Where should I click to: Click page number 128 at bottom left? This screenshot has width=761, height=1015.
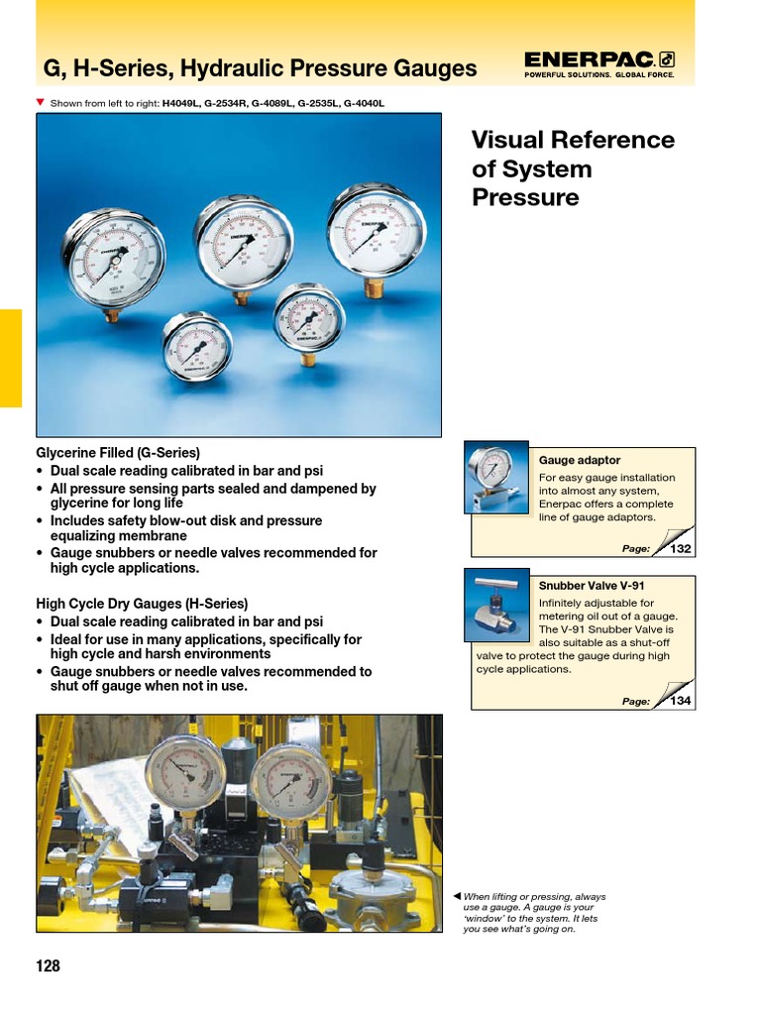tap(49, 965)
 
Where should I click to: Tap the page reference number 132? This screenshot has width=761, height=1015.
tap(681, 548)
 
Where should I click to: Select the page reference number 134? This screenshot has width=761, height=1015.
tap(681, 701)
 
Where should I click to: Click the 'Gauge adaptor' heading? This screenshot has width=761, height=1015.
tap(580, 461)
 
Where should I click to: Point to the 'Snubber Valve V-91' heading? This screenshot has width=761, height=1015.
tap(592, 586)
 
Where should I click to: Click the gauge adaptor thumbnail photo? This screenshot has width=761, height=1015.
tap(496, 479)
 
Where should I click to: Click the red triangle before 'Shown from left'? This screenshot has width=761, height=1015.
tap(40, 102)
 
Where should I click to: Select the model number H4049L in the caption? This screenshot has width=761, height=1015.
tap(183, 103)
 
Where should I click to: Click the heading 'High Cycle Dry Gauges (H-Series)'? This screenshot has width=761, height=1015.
tap(142, 603)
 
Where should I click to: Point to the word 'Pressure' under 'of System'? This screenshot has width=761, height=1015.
tap(525, 197)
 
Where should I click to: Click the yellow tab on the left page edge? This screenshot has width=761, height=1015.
tap(10, 358)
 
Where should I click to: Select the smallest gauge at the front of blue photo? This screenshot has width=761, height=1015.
tap(197, 347)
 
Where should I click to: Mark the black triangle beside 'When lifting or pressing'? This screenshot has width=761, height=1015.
tap(456, 896)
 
